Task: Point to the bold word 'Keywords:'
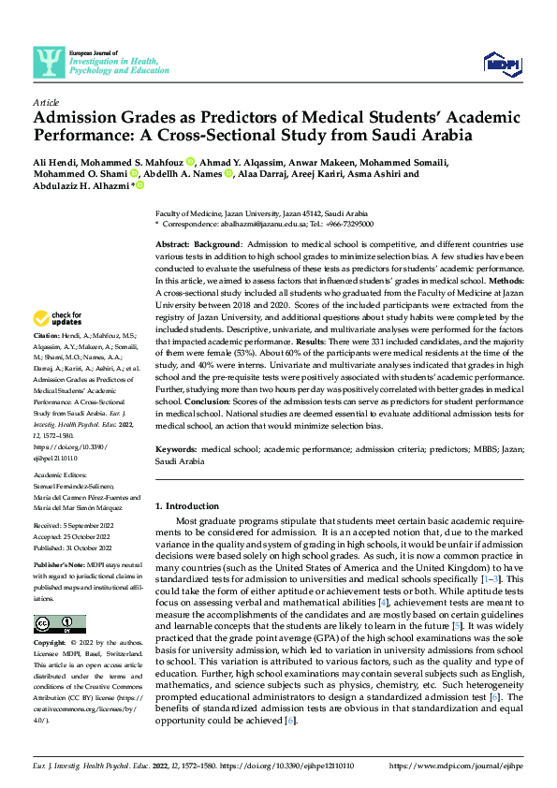point(177,450)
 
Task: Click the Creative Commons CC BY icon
point(60,623)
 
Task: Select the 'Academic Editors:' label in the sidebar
point(61,474)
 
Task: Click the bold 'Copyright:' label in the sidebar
point(51,644)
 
